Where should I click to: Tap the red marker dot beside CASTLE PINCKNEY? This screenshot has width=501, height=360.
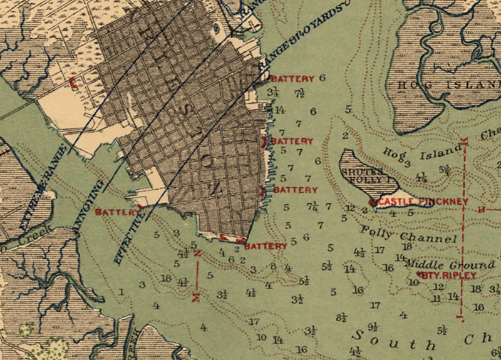[x=373, y=202]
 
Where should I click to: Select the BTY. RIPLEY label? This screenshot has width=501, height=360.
[x=433, y=275]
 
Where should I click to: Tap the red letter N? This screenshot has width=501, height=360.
[x=197, y=254]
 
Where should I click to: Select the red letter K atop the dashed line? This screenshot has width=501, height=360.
[x=463, y=138]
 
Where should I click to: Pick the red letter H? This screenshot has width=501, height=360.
[x=481, y=208]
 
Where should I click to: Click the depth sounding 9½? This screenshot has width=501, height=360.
[x=373, y=326]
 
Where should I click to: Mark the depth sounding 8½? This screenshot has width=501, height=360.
[x=341, y=317]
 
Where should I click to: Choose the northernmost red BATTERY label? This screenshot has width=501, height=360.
[x=292, y=79]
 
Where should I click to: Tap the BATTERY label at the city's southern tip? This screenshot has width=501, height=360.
[x=266, y=246]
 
